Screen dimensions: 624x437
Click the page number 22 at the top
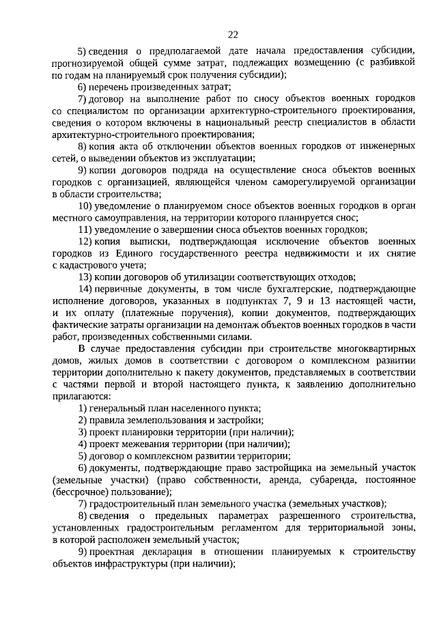tap(234, 34)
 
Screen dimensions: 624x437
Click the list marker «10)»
tap(85, 205)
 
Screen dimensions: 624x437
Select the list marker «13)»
tap(85, 277)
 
